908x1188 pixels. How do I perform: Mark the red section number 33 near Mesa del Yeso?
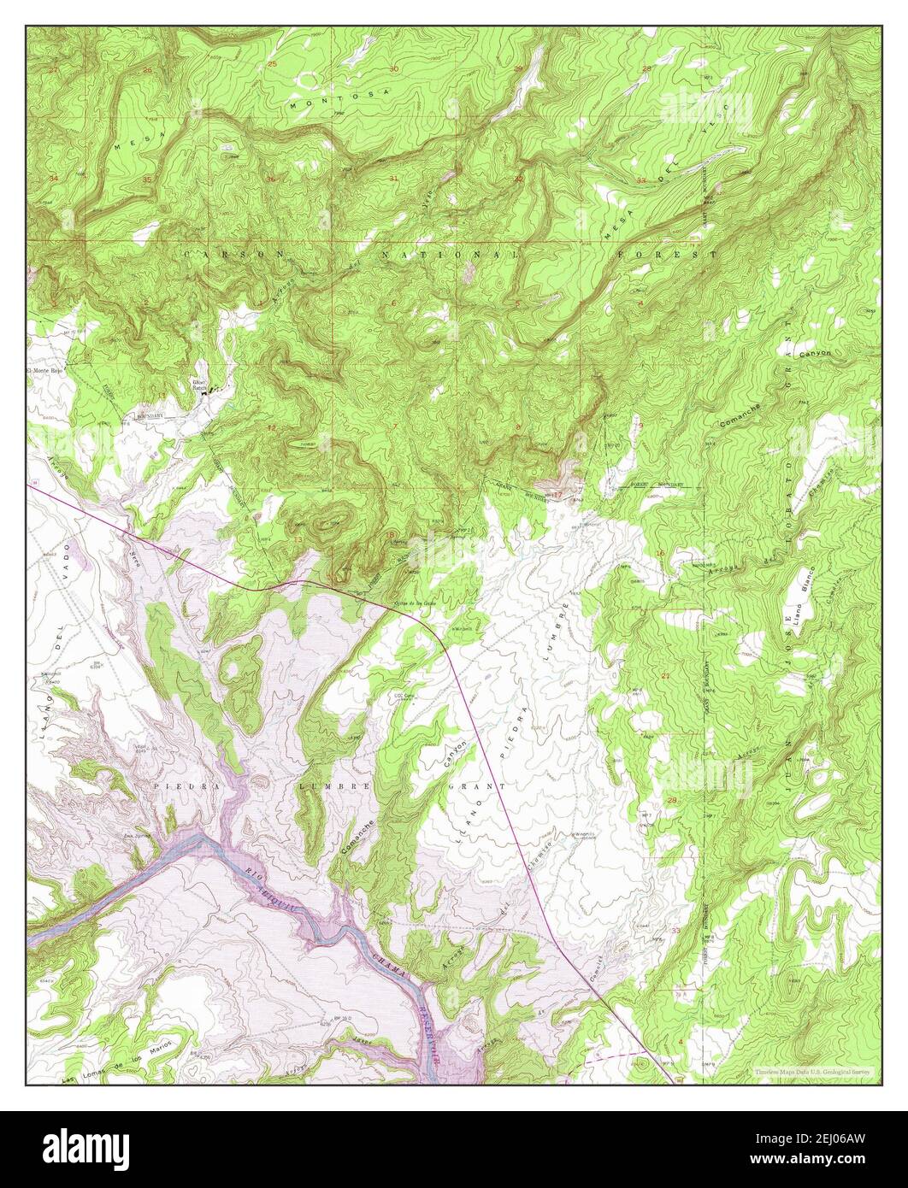(641, 180)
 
